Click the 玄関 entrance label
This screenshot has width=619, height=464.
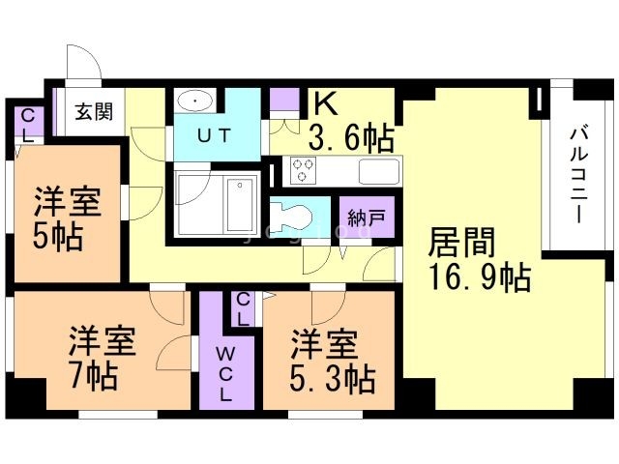pos(94,112)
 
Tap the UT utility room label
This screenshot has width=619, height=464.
pos(214,136)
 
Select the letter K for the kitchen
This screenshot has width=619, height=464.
pos(325,103)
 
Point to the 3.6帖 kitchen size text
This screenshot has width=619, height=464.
pos(351,137)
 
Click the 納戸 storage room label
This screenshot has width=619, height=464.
pos(367,217)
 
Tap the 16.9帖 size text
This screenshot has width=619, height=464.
pos(480,277)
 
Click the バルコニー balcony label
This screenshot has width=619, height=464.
pos(578,175)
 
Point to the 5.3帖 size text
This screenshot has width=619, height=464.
pos(332,378)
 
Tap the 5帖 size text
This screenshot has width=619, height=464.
pos(58,237)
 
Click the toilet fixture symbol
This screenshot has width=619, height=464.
pos(291,217)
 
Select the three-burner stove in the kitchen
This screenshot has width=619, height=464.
pos(303,170)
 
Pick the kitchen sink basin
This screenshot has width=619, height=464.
pos(379,171)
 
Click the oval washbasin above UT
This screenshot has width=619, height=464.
pos(195,101)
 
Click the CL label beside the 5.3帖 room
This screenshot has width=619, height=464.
pos(243,310)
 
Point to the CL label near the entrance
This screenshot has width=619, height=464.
pos(27,126)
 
